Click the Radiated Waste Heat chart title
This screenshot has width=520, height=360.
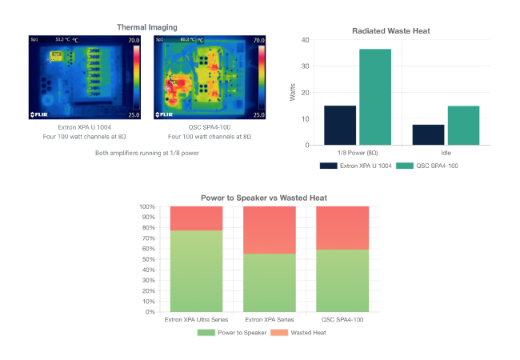tap(392, 30)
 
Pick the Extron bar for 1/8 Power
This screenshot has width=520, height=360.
tap(340, 125)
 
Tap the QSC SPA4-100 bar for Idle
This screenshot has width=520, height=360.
tap(463, 125)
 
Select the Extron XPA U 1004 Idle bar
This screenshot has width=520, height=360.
tap(428, 134)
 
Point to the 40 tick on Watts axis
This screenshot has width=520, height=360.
tap(304, 39)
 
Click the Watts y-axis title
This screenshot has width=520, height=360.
tap(291, 92)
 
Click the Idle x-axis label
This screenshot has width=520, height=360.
tap(446, 152)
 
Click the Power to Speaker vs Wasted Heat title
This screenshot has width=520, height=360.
tap(262, 198)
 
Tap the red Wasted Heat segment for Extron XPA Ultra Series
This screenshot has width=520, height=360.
tap(196, 218)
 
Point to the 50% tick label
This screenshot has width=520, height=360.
tap(147, 259)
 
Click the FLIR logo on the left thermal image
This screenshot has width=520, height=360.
tap(40, 114)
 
